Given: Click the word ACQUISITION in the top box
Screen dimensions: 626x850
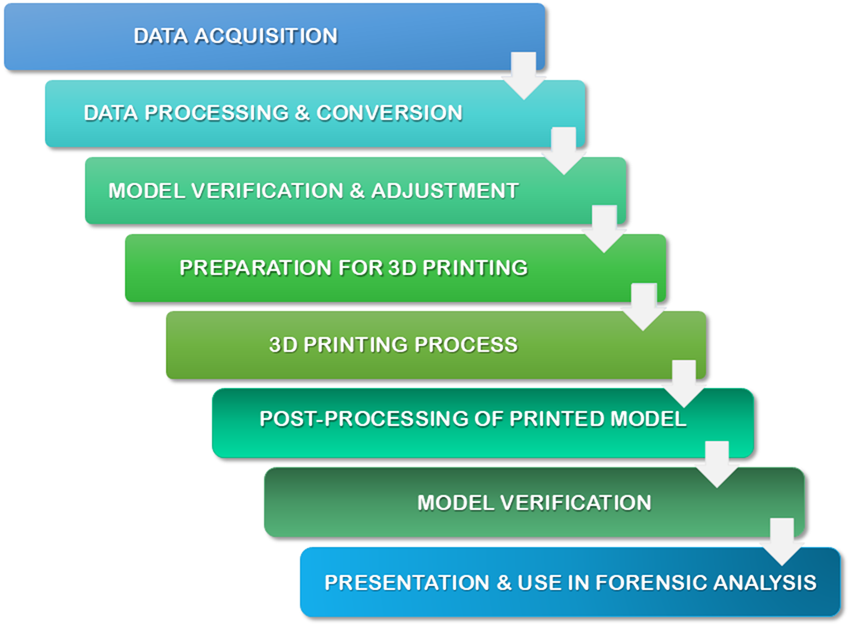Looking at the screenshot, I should (x=265, y=36).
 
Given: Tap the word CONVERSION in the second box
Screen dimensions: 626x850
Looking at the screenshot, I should (x=389, y=113).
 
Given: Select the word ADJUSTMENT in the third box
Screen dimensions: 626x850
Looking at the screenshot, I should (x=445, y=191).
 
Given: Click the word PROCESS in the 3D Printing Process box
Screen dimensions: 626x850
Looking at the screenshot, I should (x=466, y=345).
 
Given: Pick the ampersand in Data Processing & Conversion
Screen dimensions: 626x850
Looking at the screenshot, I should (x=302, y=113).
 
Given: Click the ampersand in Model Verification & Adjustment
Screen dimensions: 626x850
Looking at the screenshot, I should (x=357, y=191).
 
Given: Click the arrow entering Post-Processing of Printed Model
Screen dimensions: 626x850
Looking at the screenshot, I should (x=684, y=383).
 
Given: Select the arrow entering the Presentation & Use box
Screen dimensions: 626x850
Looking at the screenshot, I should (x=781, y=541).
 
